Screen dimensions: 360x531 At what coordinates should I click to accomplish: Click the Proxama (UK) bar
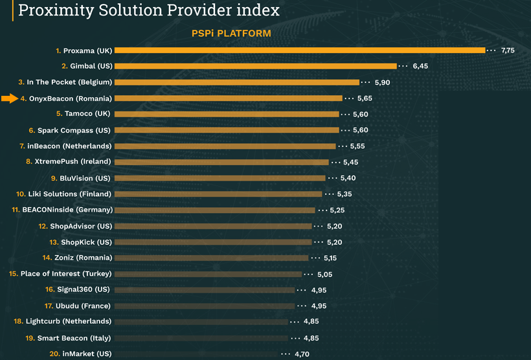pyautogui.click(x=299, y=51)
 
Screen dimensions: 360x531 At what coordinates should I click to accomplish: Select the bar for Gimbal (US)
pyautogui.click(x=255, y=66)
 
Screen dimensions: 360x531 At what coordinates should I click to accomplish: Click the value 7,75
pyautogui.click(x=508, y=51)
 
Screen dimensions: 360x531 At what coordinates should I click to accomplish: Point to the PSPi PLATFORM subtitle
pyautogui.click(x=231, y=33)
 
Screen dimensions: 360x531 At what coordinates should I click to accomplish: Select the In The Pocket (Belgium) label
pyautogui.click(x=69, y=82)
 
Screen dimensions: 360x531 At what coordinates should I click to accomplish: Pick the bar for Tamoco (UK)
pyautogui.click(x=227, y=114)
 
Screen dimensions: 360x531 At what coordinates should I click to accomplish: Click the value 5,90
pyautogui.click(x=382, y=82)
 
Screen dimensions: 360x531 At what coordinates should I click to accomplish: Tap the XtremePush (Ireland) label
pyautogui.click(x=72, y=162)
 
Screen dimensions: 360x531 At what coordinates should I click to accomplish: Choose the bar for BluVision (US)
pyautogui.click(x=220, y=178)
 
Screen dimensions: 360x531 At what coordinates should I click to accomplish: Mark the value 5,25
pyautogui.click(x=337, y=210)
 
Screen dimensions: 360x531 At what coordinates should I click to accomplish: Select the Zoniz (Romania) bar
pyautogui.click(x=211, y=258)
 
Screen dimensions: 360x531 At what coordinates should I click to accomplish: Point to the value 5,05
pyautogui.click(x=324, y=274)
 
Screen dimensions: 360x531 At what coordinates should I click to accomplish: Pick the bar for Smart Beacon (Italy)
pyautogui.click(x=201, y=337)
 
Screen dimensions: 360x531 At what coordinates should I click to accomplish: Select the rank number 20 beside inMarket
pyautogui.click(x=54, y=354)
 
